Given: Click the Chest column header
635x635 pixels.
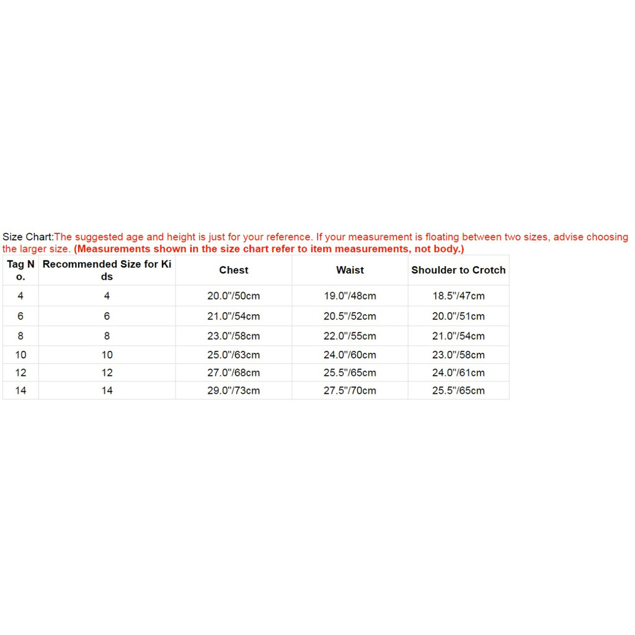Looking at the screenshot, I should [x=234, y=270].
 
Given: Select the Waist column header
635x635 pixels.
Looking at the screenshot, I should [x=350, y=270].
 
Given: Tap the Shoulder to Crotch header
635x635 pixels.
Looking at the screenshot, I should [x=458, y=270].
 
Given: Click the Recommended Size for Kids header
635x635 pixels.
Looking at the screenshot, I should [x=107, y=270].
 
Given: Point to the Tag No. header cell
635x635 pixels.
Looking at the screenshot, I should [x=20, y=270].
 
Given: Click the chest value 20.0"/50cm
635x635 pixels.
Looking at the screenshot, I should [x=234, y=296].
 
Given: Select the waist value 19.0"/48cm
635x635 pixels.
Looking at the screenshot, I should [x=350, y=296].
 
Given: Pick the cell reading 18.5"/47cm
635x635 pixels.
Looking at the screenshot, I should [x=458, y=296].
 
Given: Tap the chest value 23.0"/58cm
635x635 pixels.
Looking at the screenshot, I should [x=234, y=336].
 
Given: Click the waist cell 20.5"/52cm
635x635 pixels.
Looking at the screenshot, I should [x=350, y=316].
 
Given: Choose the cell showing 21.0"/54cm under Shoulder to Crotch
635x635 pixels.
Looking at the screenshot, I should [x=458, y=336].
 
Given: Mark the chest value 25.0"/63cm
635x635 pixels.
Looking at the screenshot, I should [x=234, y=355].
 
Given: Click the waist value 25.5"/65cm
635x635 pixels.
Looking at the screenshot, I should [x=350, y=373].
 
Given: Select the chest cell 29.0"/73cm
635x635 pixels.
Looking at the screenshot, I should [x=234, y=391].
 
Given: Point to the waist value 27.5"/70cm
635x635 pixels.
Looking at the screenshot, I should [x=350, y=391].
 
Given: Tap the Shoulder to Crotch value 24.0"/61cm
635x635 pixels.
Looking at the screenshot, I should [x=458, y=373].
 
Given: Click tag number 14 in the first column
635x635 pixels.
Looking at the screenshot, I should [x=20, y=391].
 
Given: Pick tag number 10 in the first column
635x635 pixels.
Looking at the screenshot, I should [x=20, y=355].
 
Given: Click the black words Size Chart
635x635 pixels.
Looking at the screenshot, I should [x=27, y=237].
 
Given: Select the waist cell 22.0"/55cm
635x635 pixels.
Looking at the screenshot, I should [x=350, y=336].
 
